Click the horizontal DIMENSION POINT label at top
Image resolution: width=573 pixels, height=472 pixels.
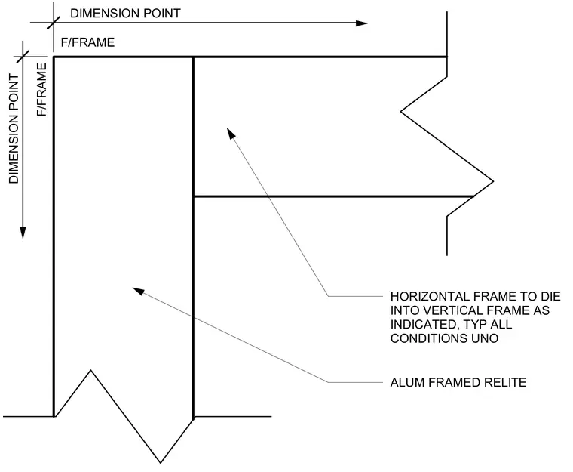(125, 14)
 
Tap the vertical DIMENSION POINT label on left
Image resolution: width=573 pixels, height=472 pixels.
(14, 128)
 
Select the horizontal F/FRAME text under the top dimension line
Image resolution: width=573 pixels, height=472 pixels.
(87, 42)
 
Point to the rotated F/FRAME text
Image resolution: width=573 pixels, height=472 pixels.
(41, 90)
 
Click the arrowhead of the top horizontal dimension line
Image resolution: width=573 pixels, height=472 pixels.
(361, 23)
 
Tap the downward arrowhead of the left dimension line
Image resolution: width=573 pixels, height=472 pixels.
(23, 233)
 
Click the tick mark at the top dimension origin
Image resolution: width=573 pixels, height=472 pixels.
(54, 23)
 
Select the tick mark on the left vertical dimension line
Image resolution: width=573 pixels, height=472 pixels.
(23, 57)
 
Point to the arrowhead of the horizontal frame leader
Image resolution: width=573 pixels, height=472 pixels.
(231, 133)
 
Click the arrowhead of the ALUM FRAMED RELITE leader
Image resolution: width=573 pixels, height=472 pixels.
(138, 291)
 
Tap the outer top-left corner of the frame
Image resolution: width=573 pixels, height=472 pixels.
(54, 57)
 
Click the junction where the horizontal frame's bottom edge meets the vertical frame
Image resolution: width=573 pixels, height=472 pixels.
(193, 196)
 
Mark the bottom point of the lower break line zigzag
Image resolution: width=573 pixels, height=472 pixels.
(161, 463)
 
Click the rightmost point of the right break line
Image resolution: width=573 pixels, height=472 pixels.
(493, 181)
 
